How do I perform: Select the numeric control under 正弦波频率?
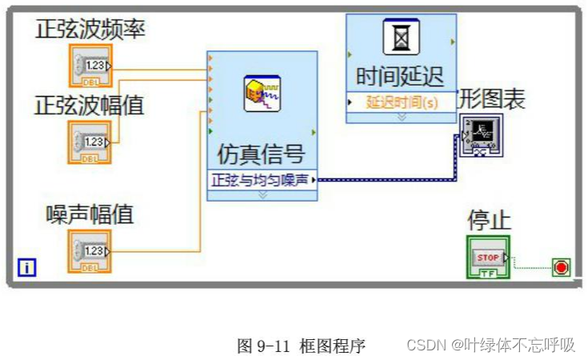[90, 66]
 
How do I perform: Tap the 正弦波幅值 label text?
[90, 105]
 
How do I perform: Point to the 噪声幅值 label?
[90, 214]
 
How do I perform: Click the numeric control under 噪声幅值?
[90, 251]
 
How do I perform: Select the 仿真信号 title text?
[262, 152]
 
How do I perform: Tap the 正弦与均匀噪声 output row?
[262, 180]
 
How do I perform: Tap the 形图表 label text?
[492, 100]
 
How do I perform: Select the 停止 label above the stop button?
[489, 220]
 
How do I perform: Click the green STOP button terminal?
[488, 258]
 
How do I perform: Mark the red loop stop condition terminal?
[562, 267]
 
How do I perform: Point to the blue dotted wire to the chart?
[384, 180]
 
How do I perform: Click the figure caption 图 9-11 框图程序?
[301, 346]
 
